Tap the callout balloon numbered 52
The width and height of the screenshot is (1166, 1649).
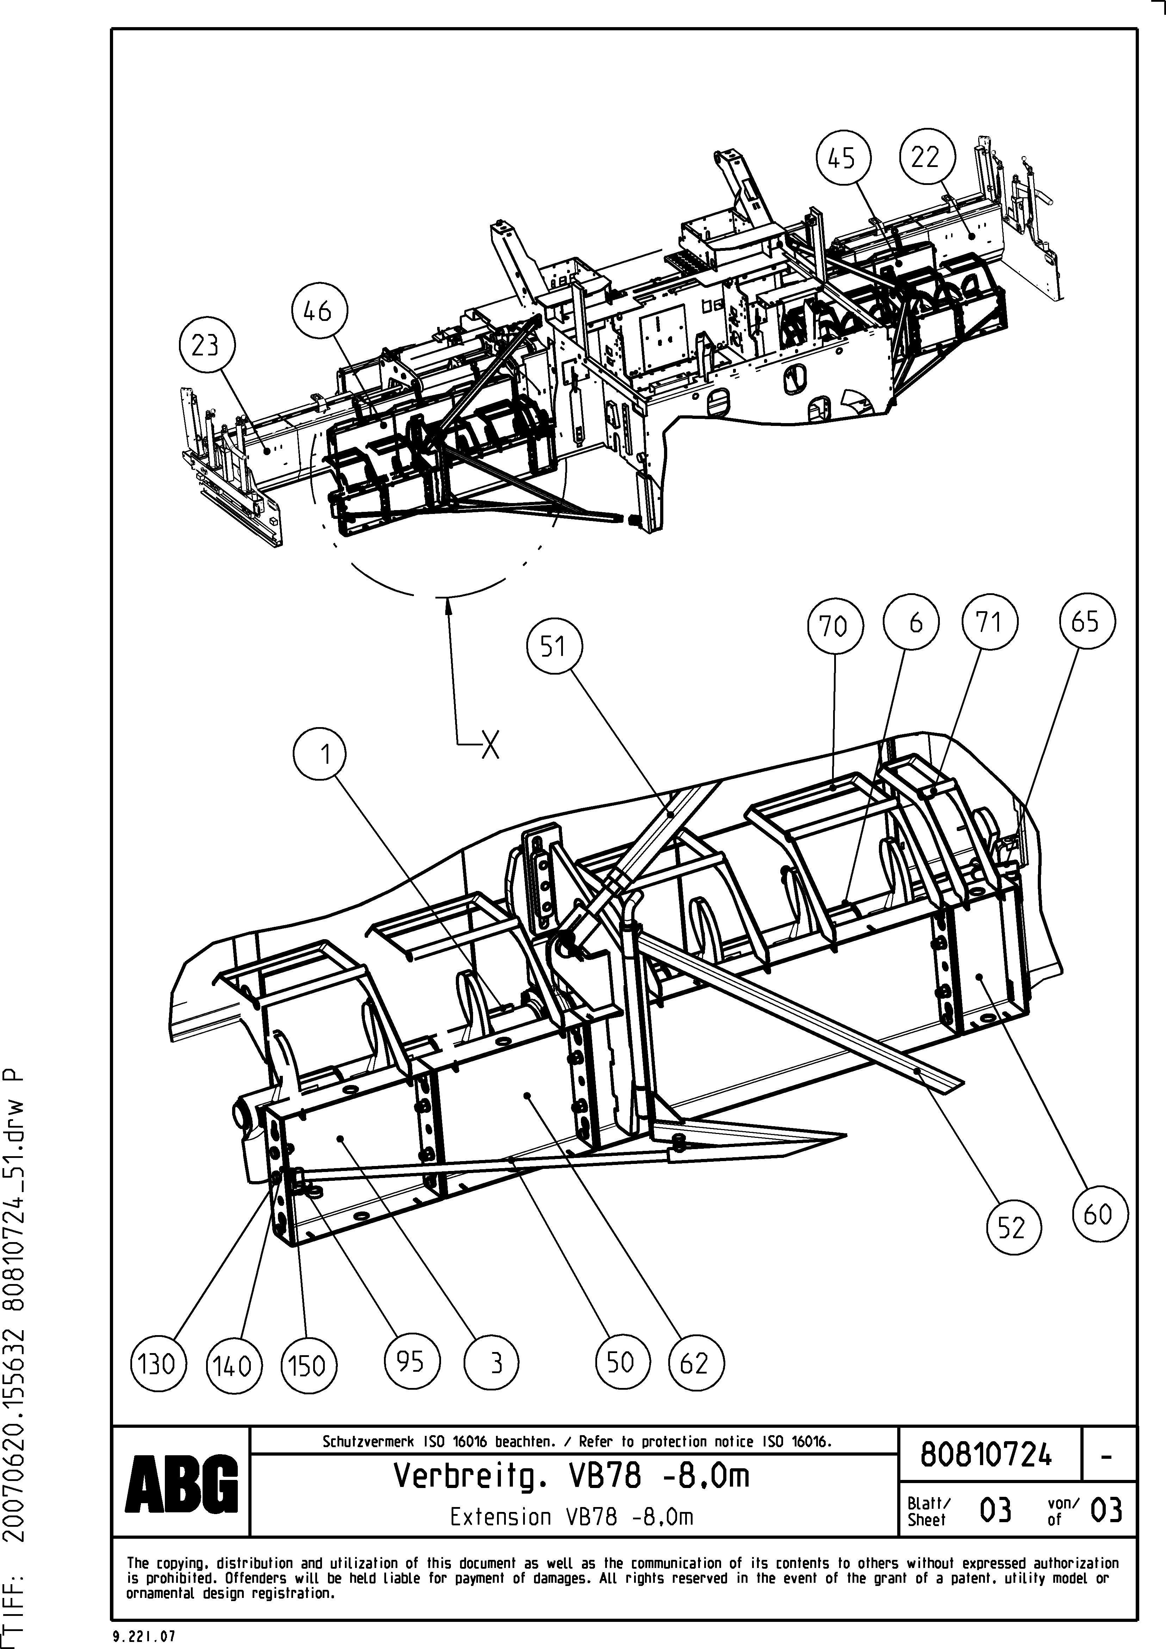click(1012, 1229)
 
